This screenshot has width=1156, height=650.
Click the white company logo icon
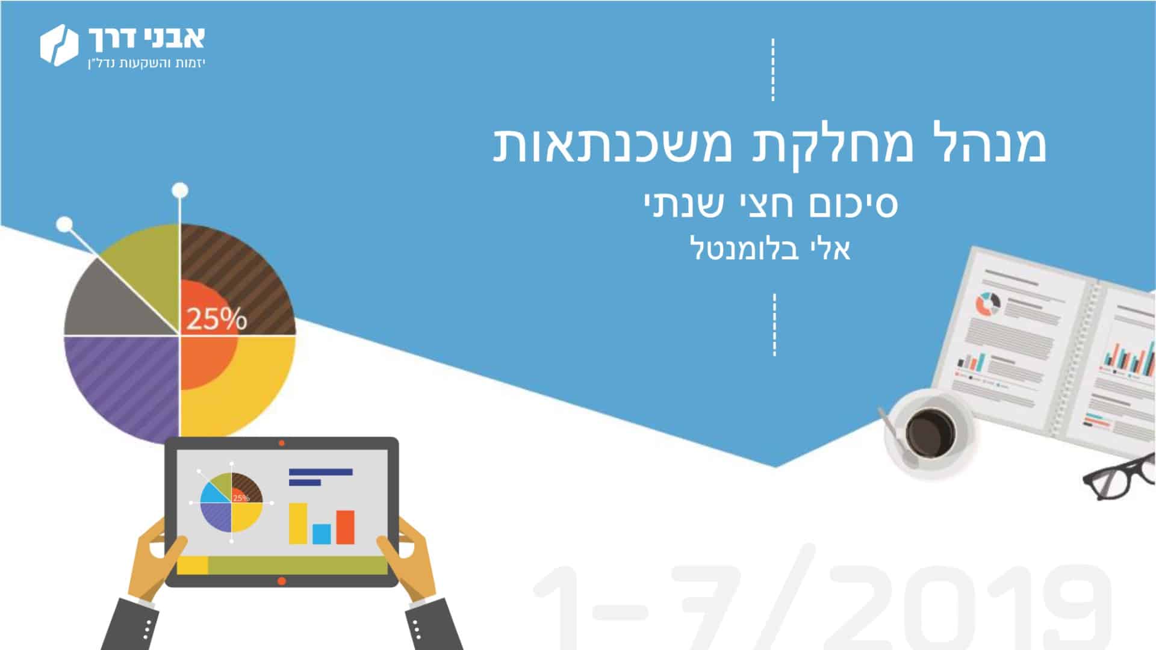60,45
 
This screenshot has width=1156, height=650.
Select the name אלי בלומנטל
770,248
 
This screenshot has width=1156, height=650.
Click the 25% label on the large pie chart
216,318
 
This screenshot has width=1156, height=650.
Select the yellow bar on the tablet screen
298,523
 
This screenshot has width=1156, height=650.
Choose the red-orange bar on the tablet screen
345,527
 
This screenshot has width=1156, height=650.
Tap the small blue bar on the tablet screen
321,533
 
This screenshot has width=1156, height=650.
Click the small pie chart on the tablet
232,502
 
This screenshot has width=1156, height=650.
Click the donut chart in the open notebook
988,304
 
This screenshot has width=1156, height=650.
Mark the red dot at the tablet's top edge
282,443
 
